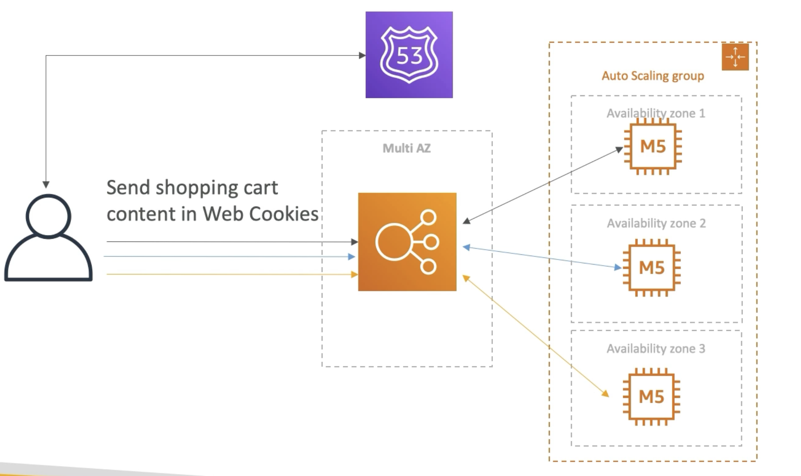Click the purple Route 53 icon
[x=409, y=55]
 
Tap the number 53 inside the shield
[x=409, y=56]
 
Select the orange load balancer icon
[x=407, y=242]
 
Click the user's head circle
[x=48, y=216]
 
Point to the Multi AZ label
[x=406, y=148]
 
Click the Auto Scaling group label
[x=653, y=76]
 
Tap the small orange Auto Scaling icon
[x=735, y=57]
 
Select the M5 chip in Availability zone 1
[x=653, y=146]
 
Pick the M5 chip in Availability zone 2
[x=652, y=268]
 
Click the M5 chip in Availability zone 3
[x=651, y=397]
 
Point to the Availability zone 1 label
[x=656, y=113]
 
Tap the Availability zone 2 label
[x=656, y=223]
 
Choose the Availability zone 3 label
[x=656, y=348]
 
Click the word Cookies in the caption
[x=284, y=214]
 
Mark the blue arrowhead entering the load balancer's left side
[x=352, y=257]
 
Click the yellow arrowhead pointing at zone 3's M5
[x=606, y=394]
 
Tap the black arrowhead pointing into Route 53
[x=362, y=55]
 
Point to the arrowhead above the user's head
[x=46, y=185]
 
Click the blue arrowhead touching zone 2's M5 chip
[x=618, y=267]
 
